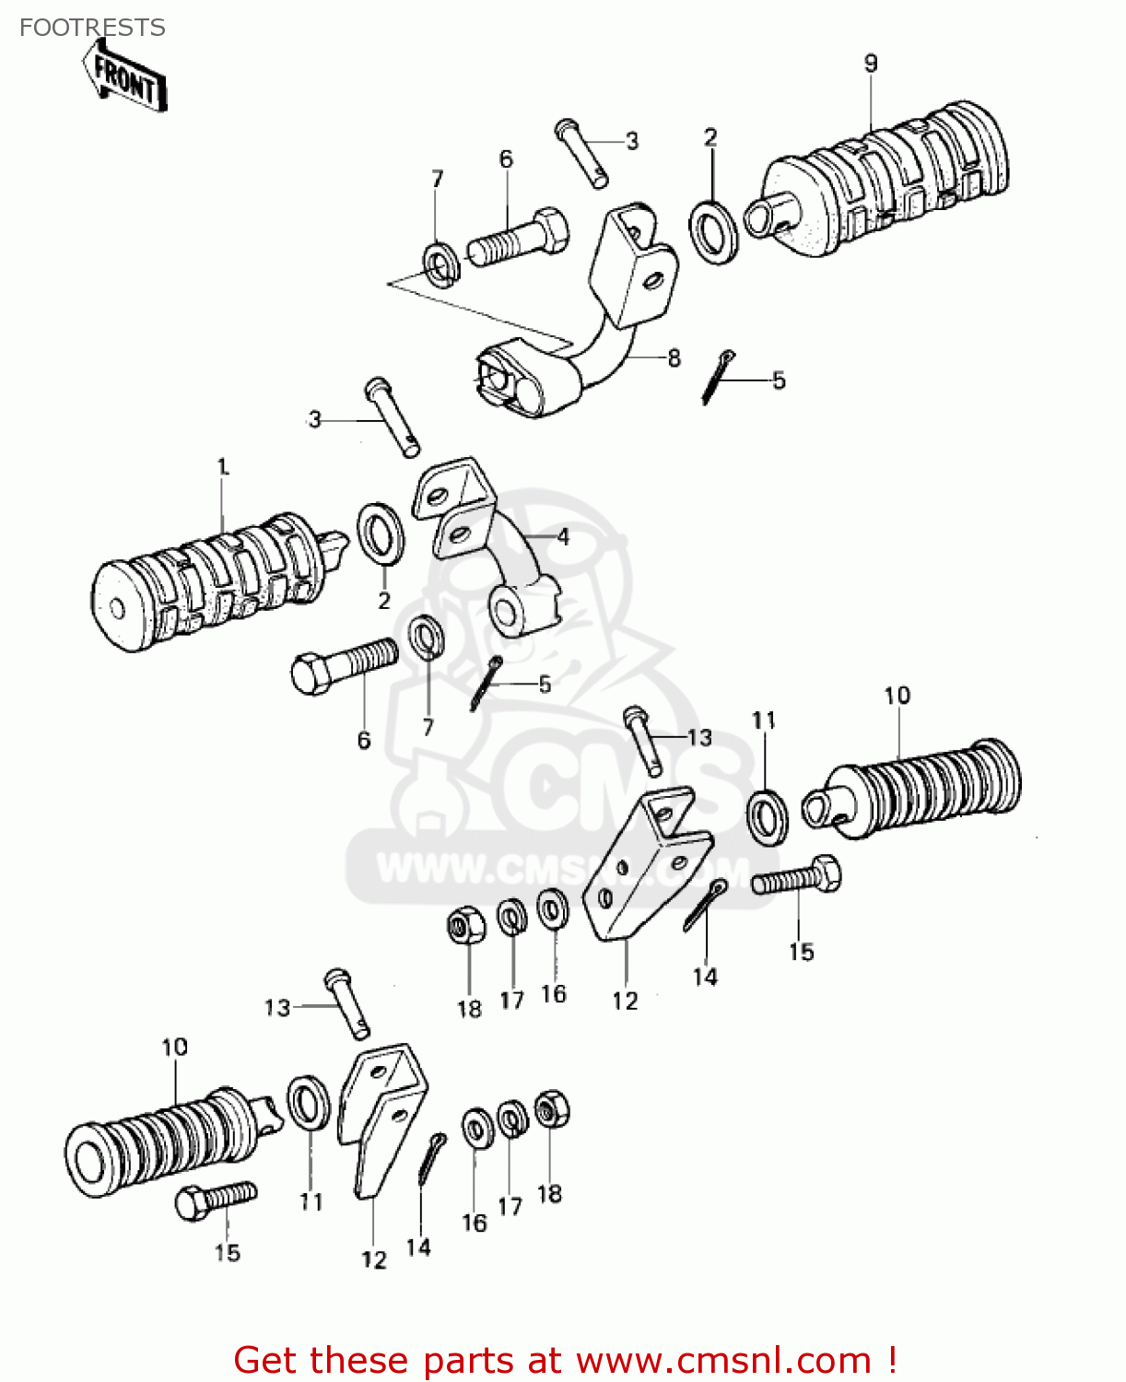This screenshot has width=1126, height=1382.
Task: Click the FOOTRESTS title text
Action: (x=92, y=28)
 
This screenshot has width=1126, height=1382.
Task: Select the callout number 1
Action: (x=222, y=467)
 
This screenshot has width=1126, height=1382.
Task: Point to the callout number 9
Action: (x=871, y=64)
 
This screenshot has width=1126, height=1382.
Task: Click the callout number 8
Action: (x=674, y=357)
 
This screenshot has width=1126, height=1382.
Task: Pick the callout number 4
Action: (x=562, y=536)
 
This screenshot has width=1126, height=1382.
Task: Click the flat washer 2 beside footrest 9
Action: (x=713, y=228)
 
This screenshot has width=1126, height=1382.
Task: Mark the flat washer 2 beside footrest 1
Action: (x=380, y=534)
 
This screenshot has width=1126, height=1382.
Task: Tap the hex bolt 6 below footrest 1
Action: (x=343, y=665)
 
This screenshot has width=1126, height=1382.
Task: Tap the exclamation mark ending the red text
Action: (x=891, y=1360)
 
